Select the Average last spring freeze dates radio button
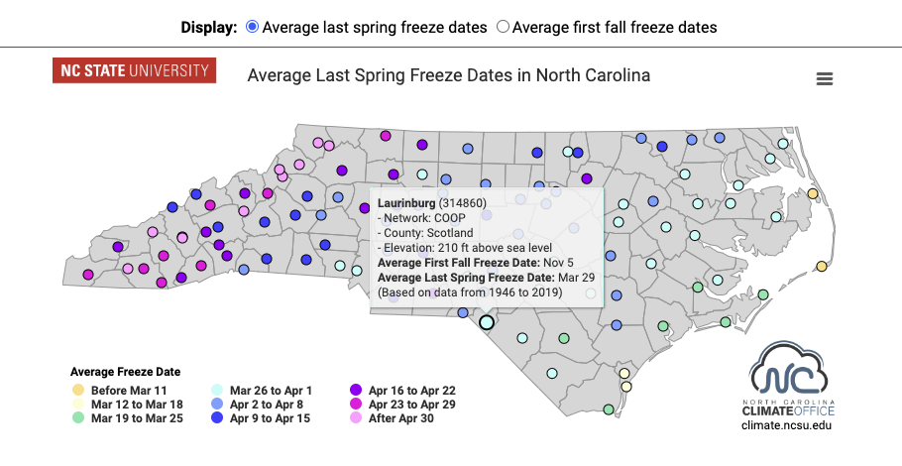click(x=252, y=27)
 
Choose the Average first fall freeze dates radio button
click(x=503, y=27)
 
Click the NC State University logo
click(x=134, y=70)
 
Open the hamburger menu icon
click(x=824, y=79)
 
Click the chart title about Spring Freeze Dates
click(x=448, y=75)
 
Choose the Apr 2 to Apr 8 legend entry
click(x=266, y=405)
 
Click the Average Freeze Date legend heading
click(x=125, y=372)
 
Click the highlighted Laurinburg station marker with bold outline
click(x=486, y=322)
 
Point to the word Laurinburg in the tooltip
click(x=407, y=202)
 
